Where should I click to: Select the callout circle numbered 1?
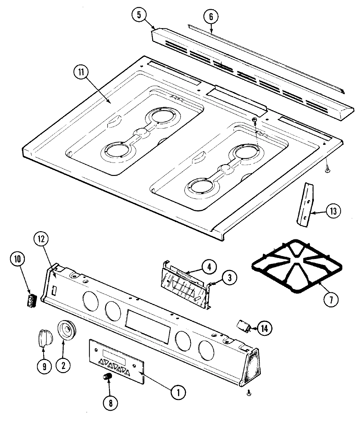coord(178,392)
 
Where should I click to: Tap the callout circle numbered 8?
coord(110,403)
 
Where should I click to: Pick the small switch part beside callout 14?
coord(244,326)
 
